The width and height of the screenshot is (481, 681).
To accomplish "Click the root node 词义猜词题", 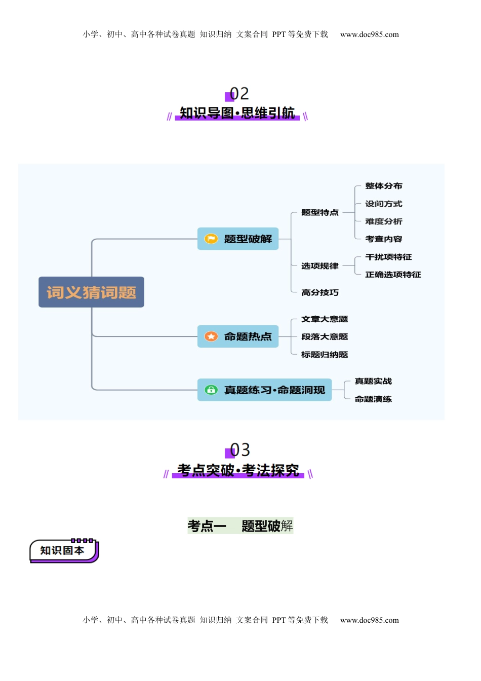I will pyautogui.click(x=91, y=292).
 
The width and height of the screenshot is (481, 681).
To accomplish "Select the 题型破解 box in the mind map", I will pyautogui.click(x=238, y=239).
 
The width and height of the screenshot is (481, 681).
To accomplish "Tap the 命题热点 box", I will pyautogui.click(x=238, y=336).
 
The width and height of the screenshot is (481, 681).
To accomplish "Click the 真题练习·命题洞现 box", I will pyautogui.click(x=264, y=390).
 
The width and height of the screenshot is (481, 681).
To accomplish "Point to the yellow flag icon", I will pyautogui.click(x=211, y=239).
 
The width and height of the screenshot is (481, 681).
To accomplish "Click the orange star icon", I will pyautogui.click(x=211, y=336).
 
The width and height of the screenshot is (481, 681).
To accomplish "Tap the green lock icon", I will pyautogui.click(x=211, y=390).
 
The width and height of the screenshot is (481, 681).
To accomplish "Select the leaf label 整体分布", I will pyautogui.click(x=383, y=186).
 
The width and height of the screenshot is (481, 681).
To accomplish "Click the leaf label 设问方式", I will pyautogui.click(x=383, y=204).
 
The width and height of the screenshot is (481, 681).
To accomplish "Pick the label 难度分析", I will pyautogui.click(x=383, y=221).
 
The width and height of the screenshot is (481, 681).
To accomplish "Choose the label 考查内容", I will pyautogui.click(x=383, y=239).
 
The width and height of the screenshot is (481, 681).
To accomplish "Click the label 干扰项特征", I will pyautogui.click(x=388, y=257).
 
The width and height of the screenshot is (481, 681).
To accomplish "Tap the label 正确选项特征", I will pyautogui.click(x=393, y=275).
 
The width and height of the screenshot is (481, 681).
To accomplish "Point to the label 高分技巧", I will pyautogui.click(x=319, y=292).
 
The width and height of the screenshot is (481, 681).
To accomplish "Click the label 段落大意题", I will pyautogui.click(x=324, y=336).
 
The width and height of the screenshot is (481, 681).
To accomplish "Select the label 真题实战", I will pyautogui.click(x=373, y=381).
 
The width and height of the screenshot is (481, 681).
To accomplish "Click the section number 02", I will pyautogui.click(x=239, y=94).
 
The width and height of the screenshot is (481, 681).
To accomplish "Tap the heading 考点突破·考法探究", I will pyautogui.click(x=238, y=470).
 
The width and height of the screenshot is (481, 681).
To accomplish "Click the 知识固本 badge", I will pyautogui.click(x=63, y=550).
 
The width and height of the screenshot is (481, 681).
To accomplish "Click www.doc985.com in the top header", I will pyautogui.click(x=369, y=34).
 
